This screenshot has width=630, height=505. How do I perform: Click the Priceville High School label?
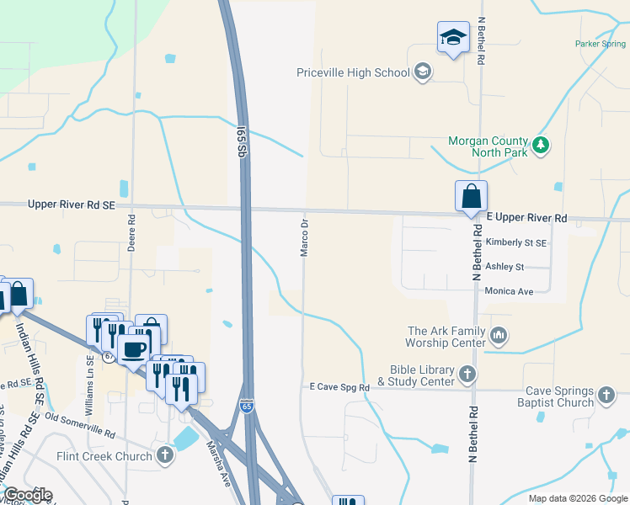tap(353, 72)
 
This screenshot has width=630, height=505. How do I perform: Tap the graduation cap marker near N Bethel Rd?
tap(453, 38)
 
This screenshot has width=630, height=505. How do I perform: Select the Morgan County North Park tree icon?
tap(541, 146)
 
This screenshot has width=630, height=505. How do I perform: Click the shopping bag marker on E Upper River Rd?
tap(471, 196)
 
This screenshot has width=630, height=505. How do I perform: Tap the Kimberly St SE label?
tap(516, 242)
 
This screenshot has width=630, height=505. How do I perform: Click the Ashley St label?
tap(505, 267)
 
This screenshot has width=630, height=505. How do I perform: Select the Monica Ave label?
tap(510, 291)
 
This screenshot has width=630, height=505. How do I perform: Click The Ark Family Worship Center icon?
tap(499, 337)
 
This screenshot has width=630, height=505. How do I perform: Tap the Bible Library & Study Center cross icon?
tap(467, 373)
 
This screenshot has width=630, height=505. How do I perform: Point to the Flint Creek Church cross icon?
tap(165, 456)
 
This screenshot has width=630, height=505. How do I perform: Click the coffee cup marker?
tap(133, 348)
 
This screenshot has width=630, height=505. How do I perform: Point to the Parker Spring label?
tap(600, 44)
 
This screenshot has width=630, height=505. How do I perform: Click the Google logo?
tap(28, 495)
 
